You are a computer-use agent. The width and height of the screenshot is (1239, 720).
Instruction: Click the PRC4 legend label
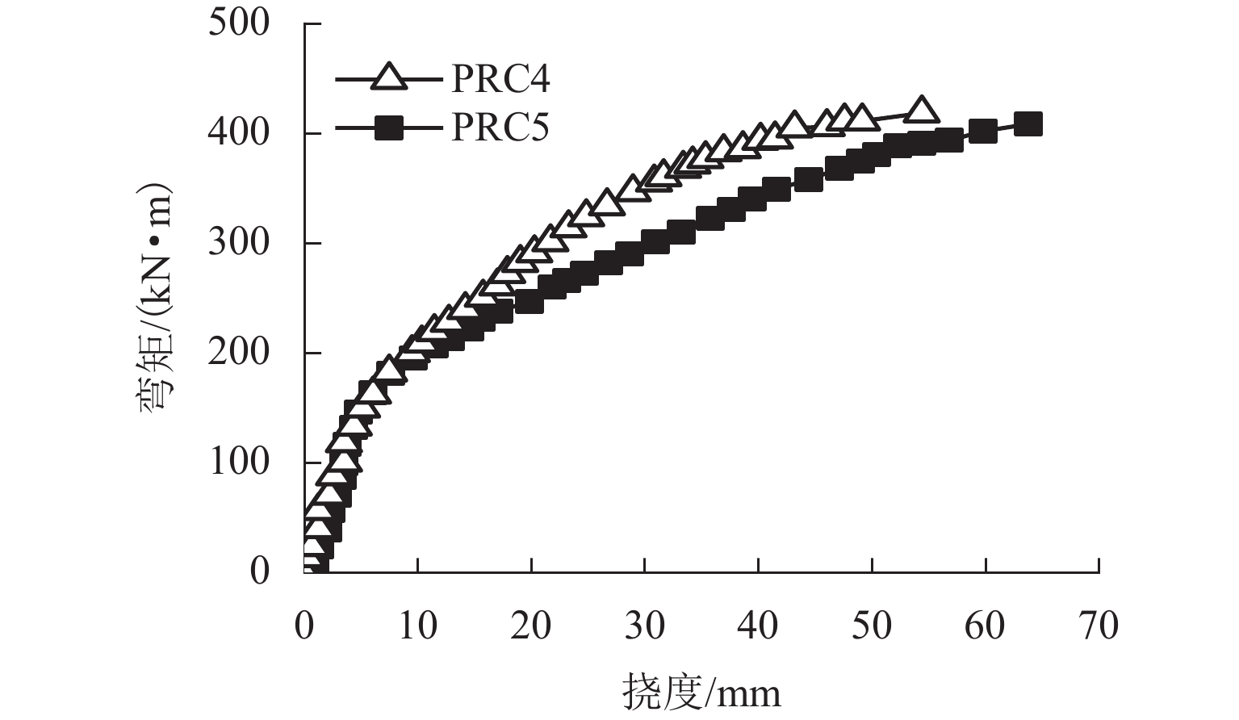click(x=500, y=79)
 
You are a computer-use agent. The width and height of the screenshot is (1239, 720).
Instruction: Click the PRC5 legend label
click(x=500, y=127)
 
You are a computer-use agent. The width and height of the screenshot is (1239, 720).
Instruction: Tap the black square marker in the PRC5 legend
click(x=390, y=128)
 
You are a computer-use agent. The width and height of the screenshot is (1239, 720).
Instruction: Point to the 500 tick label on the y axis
click(x=239, y=23)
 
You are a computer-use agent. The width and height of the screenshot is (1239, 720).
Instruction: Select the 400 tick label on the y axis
click(x=239, y=132)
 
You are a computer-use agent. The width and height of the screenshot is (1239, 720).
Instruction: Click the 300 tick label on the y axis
click(x=239, y=242)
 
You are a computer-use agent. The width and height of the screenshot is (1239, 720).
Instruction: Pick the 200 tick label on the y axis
click(x=239, y=352)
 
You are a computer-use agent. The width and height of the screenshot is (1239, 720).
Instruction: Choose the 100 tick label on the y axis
click(x=239, y=462)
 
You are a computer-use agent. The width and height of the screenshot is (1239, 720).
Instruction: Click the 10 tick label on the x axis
click(x=417, y=626)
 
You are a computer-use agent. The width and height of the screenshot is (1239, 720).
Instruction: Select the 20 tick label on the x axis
click(x=531, y=626)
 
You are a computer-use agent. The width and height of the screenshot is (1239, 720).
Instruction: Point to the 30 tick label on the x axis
click(x=645, y=626)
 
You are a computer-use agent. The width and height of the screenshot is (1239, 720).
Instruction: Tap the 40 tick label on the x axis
click(x=758, y=626)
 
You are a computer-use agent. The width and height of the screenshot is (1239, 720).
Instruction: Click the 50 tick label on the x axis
click(x=872, y=626)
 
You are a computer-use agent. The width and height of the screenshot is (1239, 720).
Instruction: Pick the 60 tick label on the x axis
click(x=986, y=626)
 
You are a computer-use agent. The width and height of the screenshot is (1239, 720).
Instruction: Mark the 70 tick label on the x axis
click(x=1099, y=626)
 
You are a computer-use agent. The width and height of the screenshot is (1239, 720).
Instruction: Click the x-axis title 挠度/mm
click(x=701, y=693)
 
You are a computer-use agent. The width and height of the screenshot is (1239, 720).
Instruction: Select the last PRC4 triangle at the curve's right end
click(x=921, y=110)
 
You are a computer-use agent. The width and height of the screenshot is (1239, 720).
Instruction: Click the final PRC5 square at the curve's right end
click(x=1028, y=124)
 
